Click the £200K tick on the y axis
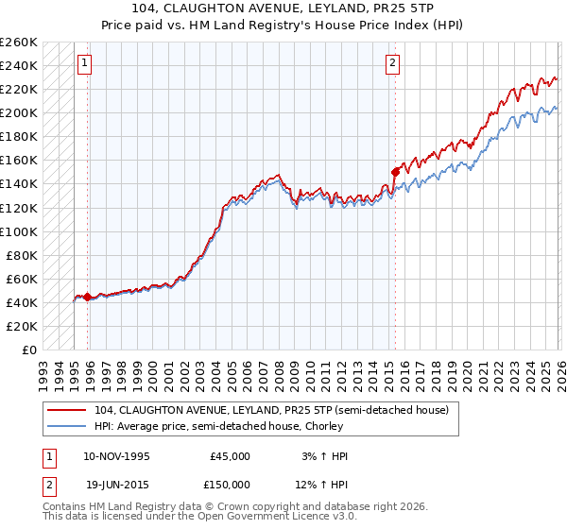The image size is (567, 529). [19, 112]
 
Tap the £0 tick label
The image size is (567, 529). [28, 350]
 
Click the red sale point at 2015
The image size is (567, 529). [395, 172]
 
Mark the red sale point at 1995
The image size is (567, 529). [87, 297]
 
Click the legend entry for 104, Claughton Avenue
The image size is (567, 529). [264, 409]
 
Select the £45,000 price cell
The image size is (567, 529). [231, 456]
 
